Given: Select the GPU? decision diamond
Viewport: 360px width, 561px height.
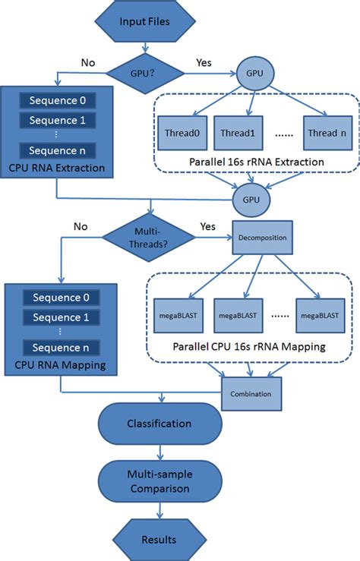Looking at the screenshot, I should [144, 73].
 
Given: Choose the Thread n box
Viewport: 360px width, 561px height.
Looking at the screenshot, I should [326, 132].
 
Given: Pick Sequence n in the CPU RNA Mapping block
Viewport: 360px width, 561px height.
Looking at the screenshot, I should [57, 348].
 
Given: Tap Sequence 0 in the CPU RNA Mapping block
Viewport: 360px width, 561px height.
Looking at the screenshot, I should [57, 298].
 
